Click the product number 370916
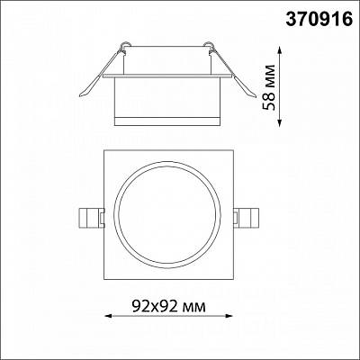pyautogui.click(x=319, y=19)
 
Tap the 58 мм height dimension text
pyautogui.click(x=268, y=87)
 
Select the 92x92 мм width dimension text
pyautogui.click(x=169, y=306)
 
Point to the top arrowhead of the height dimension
pyautogui.click(x=280, y=50)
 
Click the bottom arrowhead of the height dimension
pyautogui.click(x=280, y=122)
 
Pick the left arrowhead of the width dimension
pyautogui.click(x=108, y=316)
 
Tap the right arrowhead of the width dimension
pyautogui.click(x=229, y=316)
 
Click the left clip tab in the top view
pyautogui.click(x=91, y=217)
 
